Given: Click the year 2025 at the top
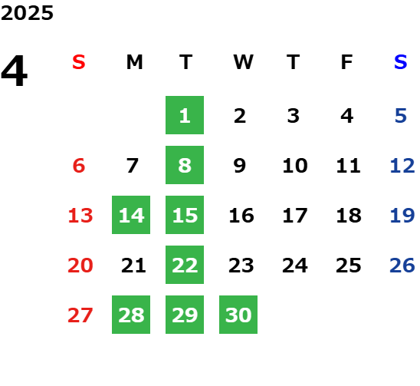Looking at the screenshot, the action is tap(27, 13).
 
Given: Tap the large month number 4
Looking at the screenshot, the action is tap(15, 71).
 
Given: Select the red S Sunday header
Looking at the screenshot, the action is tap(79, 62).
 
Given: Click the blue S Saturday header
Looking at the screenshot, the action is tap(401, 62).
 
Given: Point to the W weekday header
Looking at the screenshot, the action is tap(243, 62).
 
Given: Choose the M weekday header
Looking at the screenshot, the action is tap(134, 62).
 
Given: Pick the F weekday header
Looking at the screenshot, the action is tap(347, 62).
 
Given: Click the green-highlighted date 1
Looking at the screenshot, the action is tap(185, 115).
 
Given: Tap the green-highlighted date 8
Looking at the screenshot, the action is tap(185, 165).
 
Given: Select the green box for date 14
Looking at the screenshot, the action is tap(131, 215).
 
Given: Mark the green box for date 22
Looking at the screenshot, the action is tap(185, 265).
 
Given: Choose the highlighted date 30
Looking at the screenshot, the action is tap(238, 315).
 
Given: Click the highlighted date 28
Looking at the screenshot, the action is tap(131, 315).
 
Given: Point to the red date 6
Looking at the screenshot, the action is tap(79, 166).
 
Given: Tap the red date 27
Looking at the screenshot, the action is tap(80, 315).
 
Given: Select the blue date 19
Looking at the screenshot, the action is tap(402, 216).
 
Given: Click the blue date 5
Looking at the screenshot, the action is tap(401, 116).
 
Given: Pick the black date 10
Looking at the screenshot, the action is tap(295, 166).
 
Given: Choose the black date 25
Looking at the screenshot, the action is tap(349, 266).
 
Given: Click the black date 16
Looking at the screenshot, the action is tap(241, 216).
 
